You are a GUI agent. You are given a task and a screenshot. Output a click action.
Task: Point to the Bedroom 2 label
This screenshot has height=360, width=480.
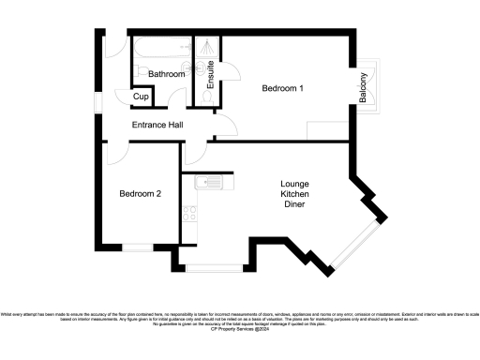tap(141, 194)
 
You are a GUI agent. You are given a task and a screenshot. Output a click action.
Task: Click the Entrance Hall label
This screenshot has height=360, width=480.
tap(157, 124)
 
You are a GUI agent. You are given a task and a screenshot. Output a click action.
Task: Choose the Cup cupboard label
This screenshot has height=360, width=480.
tap(141, 97)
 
